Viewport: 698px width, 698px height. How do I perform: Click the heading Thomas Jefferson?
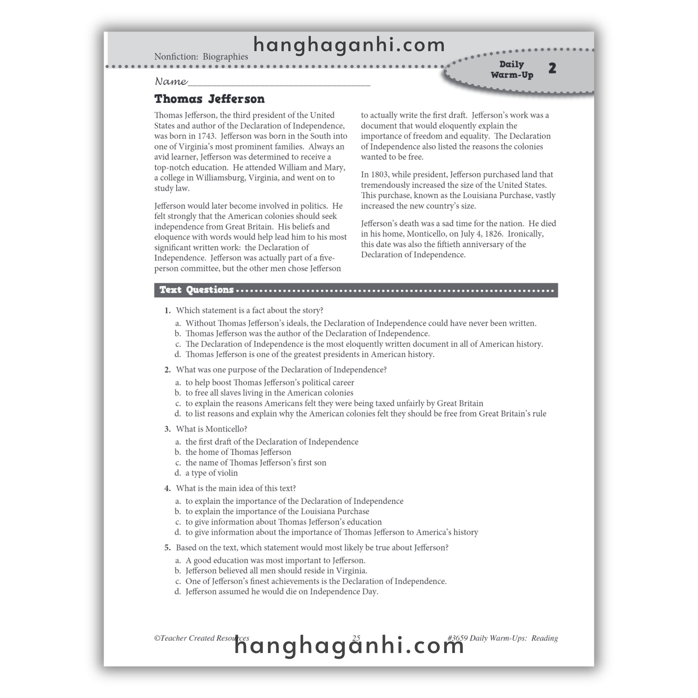point(209,98)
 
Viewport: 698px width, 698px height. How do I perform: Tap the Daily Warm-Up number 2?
point(552,68)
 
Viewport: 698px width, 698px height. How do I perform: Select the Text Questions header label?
point(197,290)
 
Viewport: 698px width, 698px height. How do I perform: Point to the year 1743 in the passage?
point(206,136)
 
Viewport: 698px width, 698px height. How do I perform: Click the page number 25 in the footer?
point(356,638)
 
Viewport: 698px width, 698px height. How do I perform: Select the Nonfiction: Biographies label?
point(201,57)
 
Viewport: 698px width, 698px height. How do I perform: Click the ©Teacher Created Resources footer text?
point(202,638)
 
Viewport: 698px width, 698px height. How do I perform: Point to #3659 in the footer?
point(457,638)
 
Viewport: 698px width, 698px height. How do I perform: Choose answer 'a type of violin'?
point(211,473)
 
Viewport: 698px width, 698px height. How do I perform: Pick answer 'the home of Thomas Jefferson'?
point(238,452)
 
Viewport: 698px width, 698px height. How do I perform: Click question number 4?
point(167,488)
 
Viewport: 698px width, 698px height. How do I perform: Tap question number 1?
point(167,311)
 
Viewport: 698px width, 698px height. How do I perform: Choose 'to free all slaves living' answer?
point(269,393)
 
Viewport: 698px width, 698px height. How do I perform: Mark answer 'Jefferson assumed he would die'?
point(282,591)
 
